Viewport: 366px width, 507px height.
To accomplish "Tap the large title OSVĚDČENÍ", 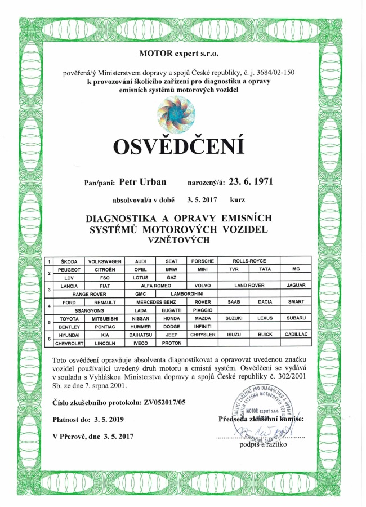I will pyautogui.click(x=179, y=146).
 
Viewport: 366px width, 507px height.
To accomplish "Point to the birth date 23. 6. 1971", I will pyautogui.click(x=256, y=183).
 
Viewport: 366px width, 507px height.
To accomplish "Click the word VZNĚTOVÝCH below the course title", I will pyautogui.click(x=178, y=240).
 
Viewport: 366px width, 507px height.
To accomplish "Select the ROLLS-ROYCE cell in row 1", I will pyautogui.click(x=248, y=261).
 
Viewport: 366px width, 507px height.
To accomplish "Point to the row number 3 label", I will pyautogui.click(x=50, y=290).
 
